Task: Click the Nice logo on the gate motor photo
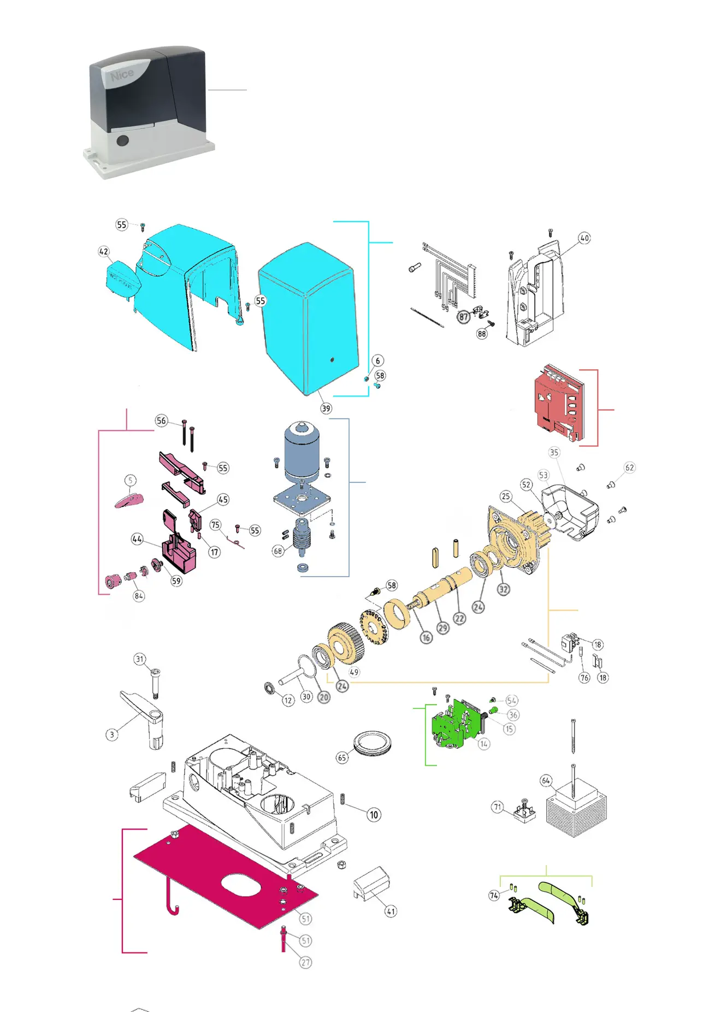coord(122,75)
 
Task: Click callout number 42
coord(104,251)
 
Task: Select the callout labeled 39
coord(326,408)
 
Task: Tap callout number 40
coord(584,238)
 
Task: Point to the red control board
coord(559,404)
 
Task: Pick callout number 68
coord(278,551)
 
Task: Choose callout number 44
coord(137,539)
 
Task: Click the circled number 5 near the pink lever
coord(130,480)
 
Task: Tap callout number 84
coord(139,595)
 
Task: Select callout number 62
coord(629,467)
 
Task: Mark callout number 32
coord(503,589)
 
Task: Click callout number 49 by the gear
coord(354,672)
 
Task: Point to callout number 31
coord(140,659)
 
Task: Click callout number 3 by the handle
coord(112,734)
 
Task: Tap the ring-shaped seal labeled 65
coord(373,744)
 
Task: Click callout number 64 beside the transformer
coord(546,780)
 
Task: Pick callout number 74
coord(494,895)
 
